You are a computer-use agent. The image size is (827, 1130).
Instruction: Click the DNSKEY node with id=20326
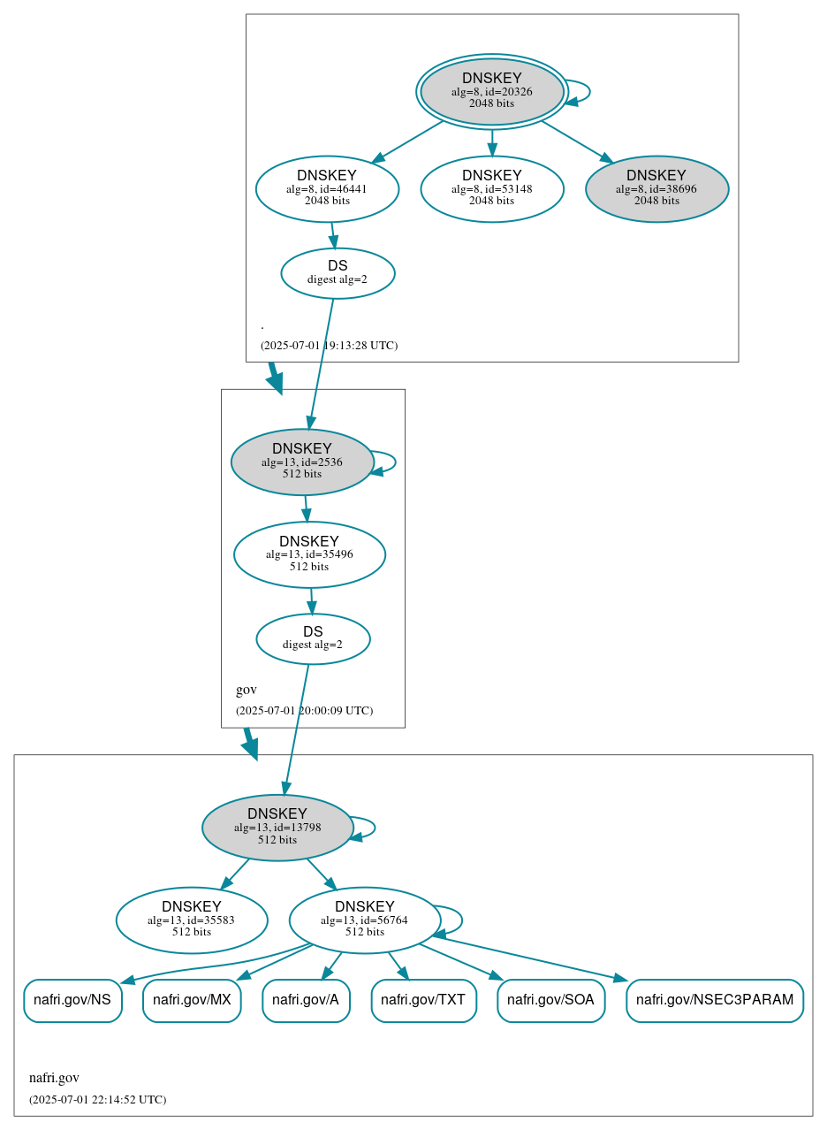pyautogui.click(x=492, y=91)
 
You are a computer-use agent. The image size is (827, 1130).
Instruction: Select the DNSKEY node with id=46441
pyautogui.click(x=327, y=188)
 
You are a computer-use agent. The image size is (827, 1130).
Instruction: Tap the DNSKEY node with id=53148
pyautogui.click(x=492, y=188)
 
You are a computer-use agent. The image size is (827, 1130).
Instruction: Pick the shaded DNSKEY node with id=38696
pyautogui.click(x=656, y=188)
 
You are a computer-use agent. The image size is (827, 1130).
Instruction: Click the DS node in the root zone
pyautogui.click(x=338, y=273)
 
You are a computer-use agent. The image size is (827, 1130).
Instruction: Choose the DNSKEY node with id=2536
pyautogui.click(x=302, y=462)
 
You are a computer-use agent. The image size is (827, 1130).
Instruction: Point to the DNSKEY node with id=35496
pyautogui.click(x=309, y=554)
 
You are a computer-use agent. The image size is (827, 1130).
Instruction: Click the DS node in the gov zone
pyautogui.click(x=313, y=638)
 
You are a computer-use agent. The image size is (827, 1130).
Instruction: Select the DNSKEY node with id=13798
pyautogui.click(x=277, y=828)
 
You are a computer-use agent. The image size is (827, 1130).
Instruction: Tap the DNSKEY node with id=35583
pyautogui.click(x=192, y=920)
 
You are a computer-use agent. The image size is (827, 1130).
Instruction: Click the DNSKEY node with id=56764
pyautogui.click(x=364, y=920)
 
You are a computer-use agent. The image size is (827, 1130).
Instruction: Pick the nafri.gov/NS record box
pyautogui.click(x=72, y=1001)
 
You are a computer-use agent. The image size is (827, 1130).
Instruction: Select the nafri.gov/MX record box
pyautogui.click(x=192, y=1001)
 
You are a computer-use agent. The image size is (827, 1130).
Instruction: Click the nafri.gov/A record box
pyautogui.click(x=306, y=1001)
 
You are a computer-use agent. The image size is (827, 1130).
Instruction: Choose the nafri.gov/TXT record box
pyautogui.click(x=423, y=1001)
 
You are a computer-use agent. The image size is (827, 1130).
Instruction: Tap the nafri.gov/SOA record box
pyautogui.click(x=550, y=1001)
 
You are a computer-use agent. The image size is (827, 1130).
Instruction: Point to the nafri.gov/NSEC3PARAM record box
pyautogui.click(x=714, y=1001)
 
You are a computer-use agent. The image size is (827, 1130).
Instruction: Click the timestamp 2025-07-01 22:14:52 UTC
pyautogui.click(x=97, y=1100)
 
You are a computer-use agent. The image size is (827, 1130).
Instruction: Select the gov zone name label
pyautogui.click(x=247, y=690)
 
